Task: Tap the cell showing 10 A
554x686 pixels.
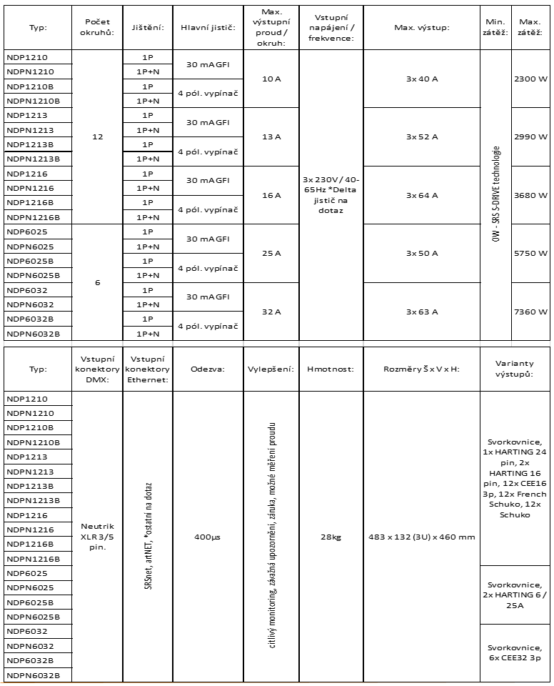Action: point(271,78)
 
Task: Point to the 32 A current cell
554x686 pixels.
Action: point(271,312)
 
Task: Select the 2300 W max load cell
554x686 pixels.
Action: point(530,78)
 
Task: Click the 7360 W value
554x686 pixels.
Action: point(530,312)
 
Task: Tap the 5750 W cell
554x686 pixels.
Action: point(530,253)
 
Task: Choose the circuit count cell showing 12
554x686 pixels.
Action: point(97,136)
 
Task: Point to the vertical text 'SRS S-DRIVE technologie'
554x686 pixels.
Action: point(495,194)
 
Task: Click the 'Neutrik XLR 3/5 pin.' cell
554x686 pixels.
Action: point(97,537)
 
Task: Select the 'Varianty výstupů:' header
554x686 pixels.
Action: point(514,369)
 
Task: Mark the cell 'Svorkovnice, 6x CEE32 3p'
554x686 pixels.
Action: point(514,653)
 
